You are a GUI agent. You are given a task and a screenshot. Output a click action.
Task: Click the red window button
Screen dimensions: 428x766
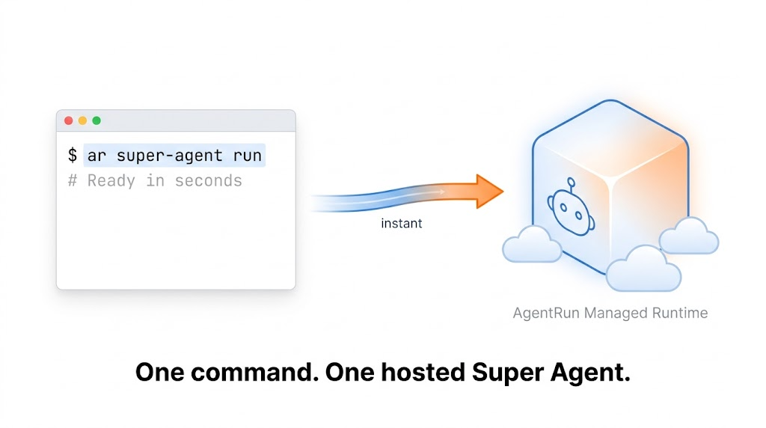[x=69, y=120]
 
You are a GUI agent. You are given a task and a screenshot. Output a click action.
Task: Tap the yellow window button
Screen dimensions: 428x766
[x=82, y=120]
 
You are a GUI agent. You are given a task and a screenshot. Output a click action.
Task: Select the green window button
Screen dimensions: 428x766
[x=96, y=120]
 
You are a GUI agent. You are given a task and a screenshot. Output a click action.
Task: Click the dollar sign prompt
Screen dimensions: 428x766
[x=73, y=156]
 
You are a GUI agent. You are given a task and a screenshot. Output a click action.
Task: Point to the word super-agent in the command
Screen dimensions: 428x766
[x=170, y=156]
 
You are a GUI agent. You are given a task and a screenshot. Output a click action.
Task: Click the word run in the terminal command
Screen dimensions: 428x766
[x=248, y=156]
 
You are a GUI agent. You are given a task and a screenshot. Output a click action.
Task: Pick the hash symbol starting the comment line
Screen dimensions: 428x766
[x=73, y=180]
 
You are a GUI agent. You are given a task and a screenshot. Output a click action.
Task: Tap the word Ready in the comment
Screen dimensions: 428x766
[x=111, y=180]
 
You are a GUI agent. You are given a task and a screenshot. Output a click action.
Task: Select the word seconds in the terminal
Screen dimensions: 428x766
[x=209, y=180]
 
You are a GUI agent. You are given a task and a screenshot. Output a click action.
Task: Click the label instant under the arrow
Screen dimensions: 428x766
[x=402, y=224]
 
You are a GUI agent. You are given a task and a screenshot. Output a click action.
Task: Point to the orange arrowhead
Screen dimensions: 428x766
[x=488, y=192]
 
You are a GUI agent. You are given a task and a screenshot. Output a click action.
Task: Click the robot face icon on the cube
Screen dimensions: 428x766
[x=572, y=211]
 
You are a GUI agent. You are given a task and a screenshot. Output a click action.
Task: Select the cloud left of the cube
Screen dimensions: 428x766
[x=531, y=246]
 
